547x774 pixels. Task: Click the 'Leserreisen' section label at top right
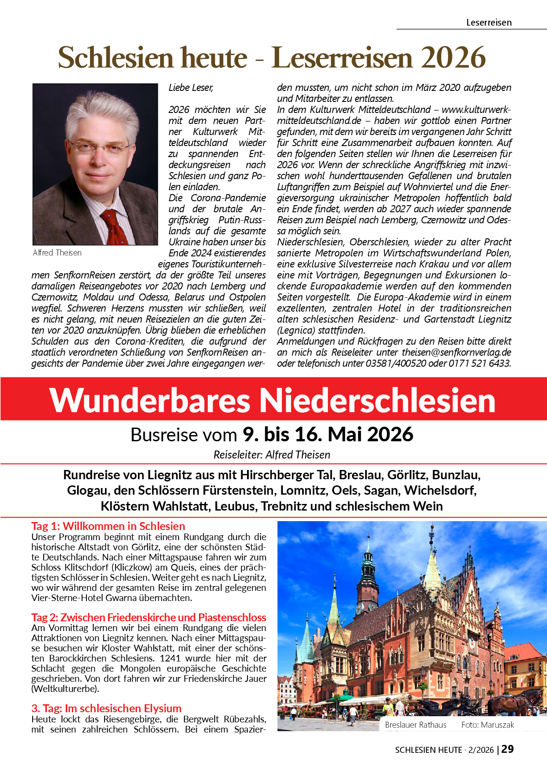point(489,23)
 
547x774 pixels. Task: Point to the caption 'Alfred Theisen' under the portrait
point(57,253)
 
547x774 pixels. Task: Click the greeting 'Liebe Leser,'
point(191,88)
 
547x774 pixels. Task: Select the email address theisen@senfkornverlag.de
point(456,353)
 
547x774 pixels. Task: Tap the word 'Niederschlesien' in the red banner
point(377,400)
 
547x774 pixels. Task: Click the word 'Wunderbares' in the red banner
point(150,400)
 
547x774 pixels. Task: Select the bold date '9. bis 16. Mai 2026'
point(328,435)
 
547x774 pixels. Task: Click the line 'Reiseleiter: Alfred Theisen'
point(272,455)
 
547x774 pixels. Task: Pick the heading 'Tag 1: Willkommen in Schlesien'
point(108,526)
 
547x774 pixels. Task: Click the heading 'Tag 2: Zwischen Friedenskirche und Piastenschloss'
point(149,617)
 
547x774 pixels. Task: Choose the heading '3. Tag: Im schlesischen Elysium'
point(106,708)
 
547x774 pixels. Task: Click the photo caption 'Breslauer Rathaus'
point(416,725)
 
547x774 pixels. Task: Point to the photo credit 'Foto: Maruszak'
point(487,725)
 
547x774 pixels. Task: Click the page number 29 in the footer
point(508,749)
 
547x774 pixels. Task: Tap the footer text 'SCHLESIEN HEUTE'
point(428,750)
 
